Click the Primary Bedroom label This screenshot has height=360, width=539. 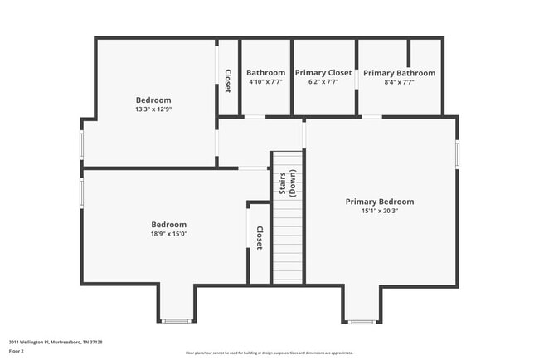pos(379,202)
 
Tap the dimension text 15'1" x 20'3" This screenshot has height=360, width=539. pos(379,211)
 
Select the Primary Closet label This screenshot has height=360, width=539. pos(323,73)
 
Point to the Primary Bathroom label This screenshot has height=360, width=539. pos(399,73)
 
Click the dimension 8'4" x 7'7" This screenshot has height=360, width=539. pos(399,82)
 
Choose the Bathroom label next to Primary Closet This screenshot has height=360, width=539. pos(265,73)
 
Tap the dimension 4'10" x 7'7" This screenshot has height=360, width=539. pos(265,82)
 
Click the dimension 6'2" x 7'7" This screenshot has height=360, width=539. pos(323,82)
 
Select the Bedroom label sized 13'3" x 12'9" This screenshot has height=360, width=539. pos(153,100)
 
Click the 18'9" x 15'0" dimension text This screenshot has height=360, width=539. pos(168,234)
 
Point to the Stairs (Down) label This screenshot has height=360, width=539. pos(287,183)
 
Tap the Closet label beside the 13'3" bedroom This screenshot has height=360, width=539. pos(228,79)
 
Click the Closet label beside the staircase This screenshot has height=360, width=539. pos(259,238)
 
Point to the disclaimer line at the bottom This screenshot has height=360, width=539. pos(269,353)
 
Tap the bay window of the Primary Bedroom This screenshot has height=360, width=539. pos(361,321)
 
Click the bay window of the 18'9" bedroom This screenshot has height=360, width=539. pos(176,320)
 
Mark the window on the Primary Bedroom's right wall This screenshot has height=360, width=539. pos(457,155)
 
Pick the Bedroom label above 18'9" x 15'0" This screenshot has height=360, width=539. pos(168,225)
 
